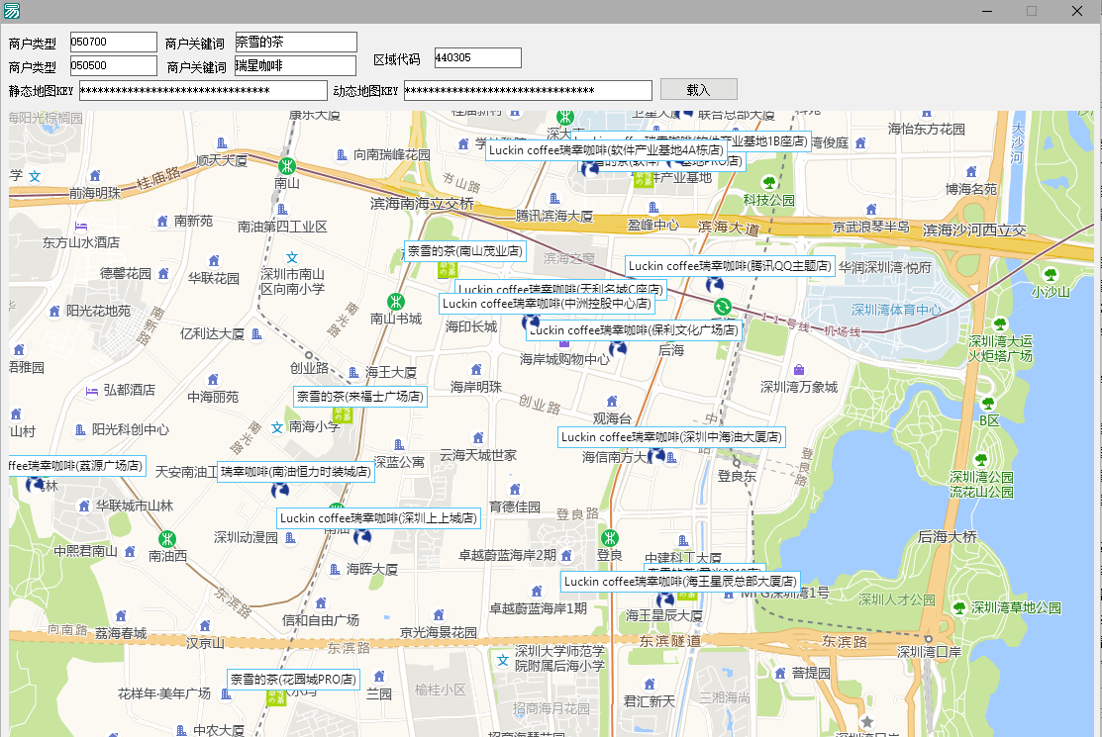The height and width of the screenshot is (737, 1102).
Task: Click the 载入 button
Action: (698, 89)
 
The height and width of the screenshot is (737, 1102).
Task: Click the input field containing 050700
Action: (113, 42)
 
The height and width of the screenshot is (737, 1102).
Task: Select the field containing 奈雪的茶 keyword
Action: (295, 42)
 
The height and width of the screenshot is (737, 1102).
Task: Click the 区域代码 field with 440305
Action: (477, 58)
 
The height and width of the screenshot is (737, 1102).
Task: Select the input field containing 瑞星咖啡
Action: (295, 66)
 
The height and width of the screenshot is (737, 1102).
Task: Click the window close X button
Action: (1076, 11)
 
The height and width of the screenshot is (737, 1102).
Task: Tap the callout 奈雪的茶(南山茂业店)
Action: (464, 251)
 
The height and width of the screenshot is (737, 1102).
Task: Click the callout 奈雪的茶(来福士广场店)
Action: (359, 397)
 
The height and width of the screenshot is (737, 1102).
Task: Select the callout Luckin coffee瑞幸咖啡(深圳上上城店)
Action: (378, 517)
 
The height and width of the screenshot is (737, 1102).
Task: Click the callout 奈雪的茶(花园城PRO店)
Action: (292, 680)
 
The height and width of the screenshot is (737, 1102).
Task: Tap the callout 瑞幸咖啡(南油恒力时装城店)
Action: (295, 472)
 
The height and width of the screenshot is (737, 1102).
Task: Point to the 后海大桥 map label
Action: (948, 537)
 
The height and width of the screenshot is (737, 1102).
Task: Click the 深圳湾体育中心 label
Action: (897, 310)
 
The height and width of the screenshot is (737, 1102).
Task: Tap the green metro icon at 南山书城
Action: (395, 302)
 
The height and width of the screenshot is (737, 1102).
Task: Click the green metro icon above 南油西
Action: (166, 539)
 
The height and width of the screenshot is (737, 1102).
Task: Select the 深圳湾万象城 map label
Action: (798, 387)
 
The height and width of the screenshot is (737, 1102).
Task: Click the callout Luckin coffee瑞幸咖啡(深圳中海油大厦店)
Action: (671, 437)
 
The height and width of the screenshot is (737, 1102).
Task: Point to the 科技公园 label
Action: (769, 200)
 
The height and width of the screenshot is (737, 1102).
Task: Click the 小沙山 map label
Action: (1051, 292)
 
